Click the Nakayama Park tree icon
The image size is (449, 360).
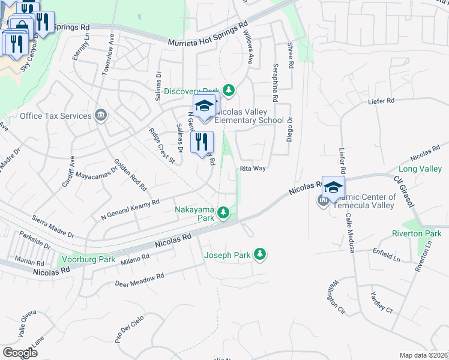223,212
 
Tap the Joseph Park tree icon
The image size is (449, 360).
260,255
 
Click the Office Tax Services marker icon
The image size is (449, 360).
101,116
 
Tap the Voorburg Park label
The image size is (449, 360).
89,260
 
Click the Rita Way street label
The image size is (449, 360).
253,169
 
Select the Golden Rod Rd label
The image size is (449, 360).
130,175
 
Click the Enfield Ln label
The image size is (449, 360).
386,254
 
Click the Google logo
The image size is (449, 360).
20,352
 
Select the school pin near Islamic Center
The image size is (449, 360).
333,186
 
